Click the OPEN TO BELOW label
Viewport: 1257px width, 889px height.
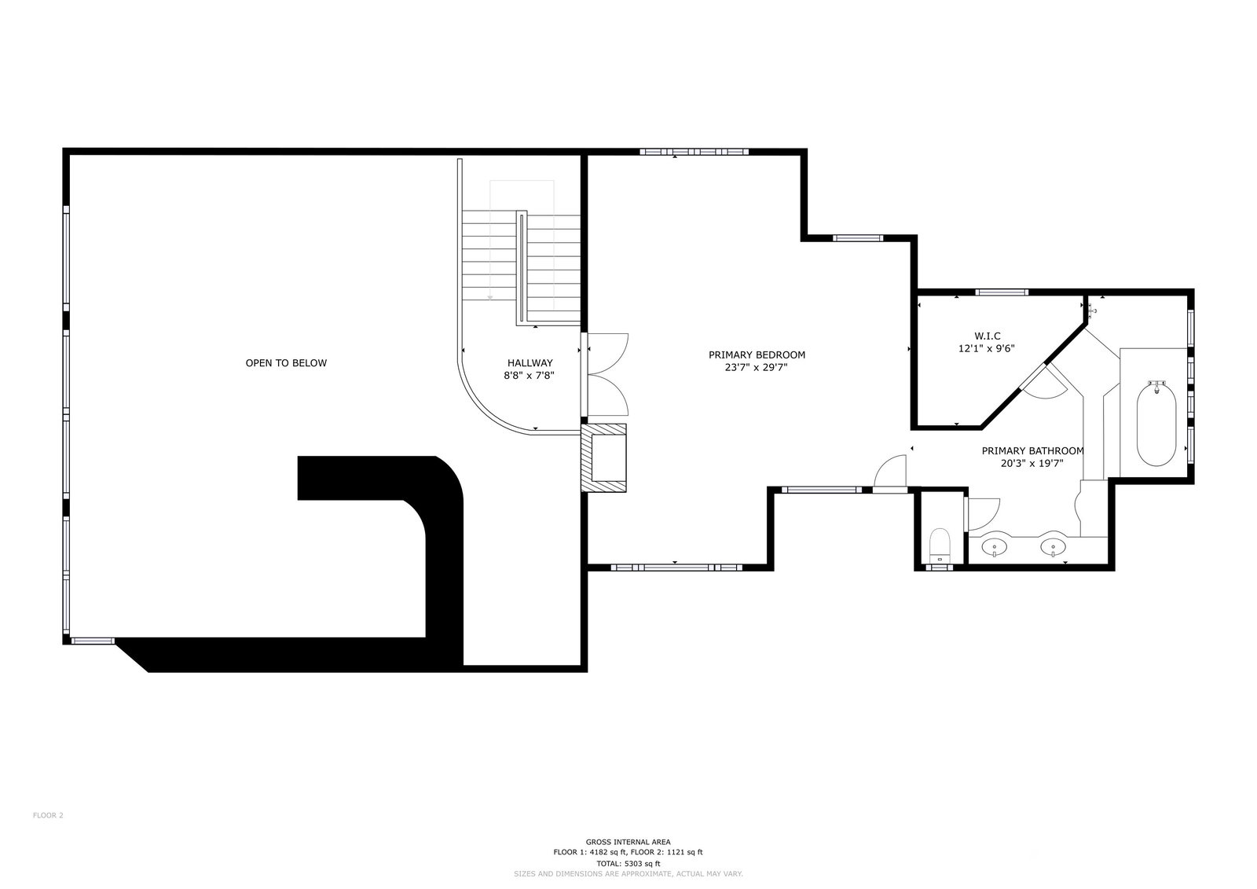tap(286, 363)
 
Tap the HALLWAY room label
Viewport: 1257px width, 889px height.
tap(530, 363)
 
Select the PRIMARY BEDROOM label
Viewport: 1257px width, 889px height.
tap(757, 354)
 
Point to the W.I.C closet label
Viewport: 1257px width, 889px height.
tap(987, 336)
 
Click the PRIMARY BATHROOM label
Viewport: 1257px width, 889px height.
tap(1032, 450)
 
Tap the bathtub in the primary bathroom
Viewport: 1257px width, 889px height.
tap(1156, 423)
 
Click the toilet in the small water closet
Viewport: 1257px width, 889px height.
tap(940, 546)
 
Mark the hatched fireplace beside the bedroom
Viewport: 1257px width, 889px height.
tap(604, 457)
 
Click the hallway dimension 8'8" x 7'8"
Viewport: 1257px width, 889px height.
tap(530, 376)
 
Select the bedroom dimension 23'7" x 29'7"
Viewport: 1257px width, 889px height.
tap(757, 367)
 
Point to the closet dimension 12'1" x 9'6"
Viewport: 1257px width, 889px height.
tap(987, 348)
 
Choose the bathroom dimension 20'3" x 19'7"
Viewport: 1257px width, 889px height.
tap(1032, 463)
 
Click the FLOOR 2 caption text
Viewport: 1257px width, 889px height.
tap(48, 815)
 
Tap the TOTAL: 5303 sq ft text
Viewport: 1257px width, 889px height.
tap(628, 863)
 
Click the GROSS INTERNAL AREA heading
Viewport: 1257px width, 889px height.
tap(628, 841)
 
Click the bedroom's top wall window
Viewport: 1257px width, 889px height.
tap(694, 152)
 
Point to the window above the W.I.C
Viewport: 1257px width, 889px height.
tap(1002, 292)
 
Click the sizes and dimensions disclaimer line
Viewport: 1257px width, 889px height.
tap(628, 874)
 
